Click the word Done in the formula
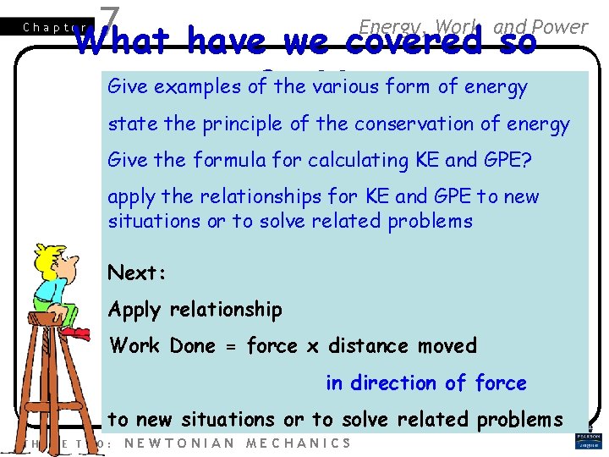point(193,346)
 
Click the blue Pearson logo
point(588,441)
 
